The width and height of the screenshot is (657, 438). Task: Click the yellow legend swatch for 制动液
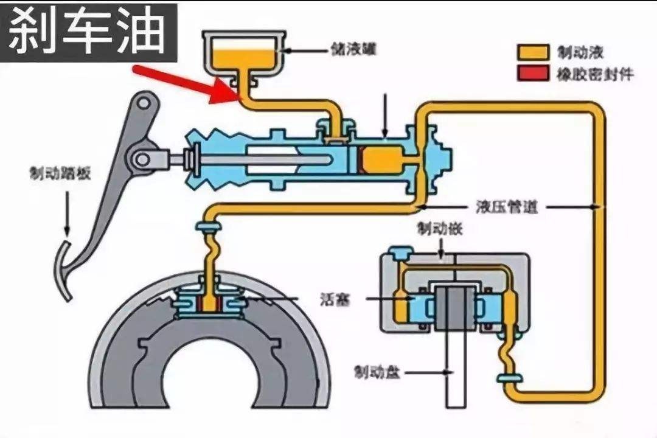pos(532,52)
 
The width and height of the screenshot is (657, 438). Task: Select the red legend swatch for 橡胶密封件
pos(532,74)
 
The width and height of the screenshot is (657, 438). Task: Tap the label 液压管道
pos(507,207)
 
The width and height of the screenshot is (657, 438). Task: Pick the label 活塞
pos(334,299)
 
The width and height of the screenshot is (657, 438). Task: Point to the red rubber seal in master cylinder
pos(361,160)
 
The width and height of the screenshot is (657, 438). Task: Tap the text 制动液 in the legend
pos(573,52)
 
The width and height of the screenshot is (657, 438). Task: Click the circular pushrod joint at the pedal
pos(142,159)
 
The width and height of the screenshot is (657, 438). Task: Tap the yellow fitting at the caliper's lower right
pos(509,379)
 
